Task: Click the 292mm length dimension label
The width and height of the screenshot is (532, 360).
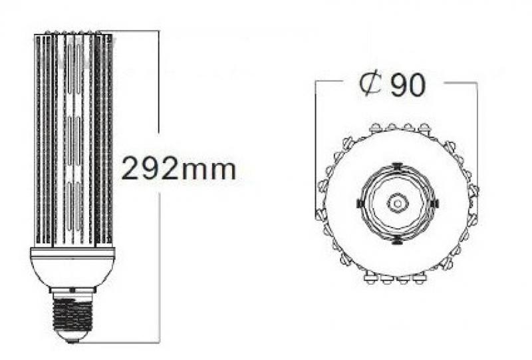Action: tap(178, 168)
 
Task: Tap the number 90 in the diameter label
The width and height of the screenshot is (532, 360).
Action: tap(407, 85)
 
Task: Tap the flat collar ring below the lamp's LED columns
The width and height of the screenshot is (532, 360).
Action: tap(73, 252)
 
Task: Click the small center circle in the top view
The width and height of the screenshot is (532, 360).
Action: tap(398, 203)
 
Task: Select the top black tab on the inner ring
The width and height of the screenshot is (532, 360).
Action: tap(397, 166)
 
